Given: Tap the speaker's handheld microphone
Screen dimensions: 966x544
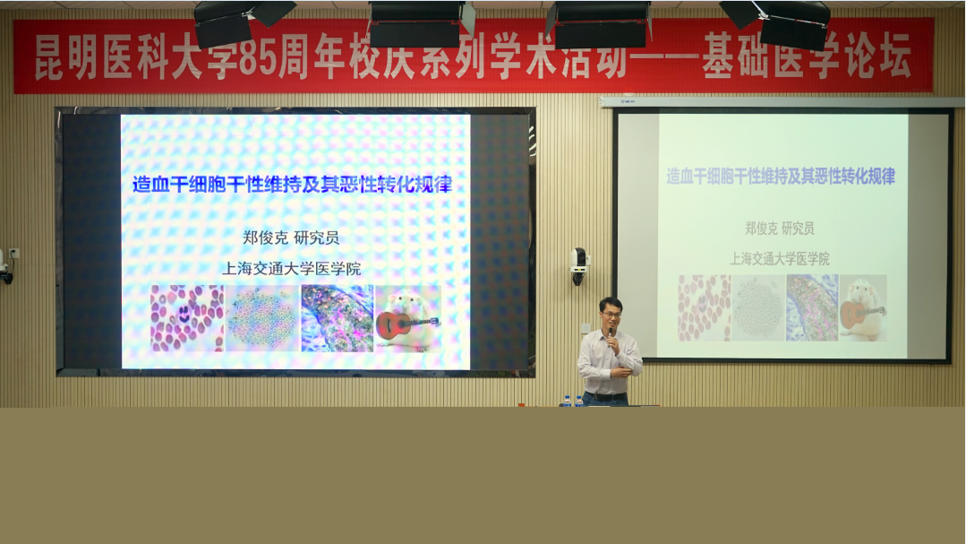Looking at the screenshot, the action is [611, 335].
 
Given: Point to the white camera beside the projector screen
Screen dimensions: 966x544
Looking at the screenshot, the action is [578, 266].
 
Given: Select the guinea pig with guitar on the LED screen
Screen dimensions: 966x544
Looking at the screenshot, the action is [408, 318].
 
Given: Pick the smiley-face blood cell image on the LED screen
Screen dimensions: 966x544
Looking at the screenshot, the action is [187, 318].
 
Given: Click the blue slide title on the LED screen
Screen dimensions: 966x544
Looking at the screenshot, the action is [292, 184].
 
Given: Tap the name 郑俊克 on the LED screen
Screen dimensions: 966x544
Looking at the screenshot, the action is [265, 237].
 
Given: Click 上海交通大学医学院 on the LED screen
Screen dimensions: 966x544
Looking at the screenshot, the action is [291, 268].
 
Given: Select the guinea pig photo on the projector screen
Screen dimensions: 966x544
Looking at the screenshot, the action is [863, 307].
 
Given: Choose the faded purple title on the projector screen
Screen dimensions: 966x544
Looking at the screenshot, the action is [781, 177].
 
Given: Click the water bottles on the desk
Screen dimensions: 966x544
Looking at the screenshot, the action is [573, 401].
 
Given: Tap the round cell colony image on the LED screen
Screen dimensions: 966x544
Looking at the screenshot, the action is [262, 318].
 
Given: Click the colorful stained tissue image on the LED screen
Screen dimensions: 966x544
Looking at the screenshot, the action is [337, 318].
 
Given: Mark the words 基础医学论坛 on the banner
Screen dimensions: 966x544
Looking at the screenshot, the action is [807, 57].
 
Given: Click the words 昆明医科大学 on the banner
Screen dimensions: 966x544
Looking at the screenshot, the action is [118, 57].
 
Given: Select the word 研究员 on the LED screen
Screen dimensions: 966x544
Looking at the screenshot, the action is [316, 237].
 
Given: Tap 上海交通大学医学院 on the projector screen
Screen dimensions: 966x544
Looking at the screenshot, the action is [780, 258].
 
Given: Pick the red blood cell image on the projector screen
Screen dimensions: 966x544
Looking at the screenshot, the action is [705, 307].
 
